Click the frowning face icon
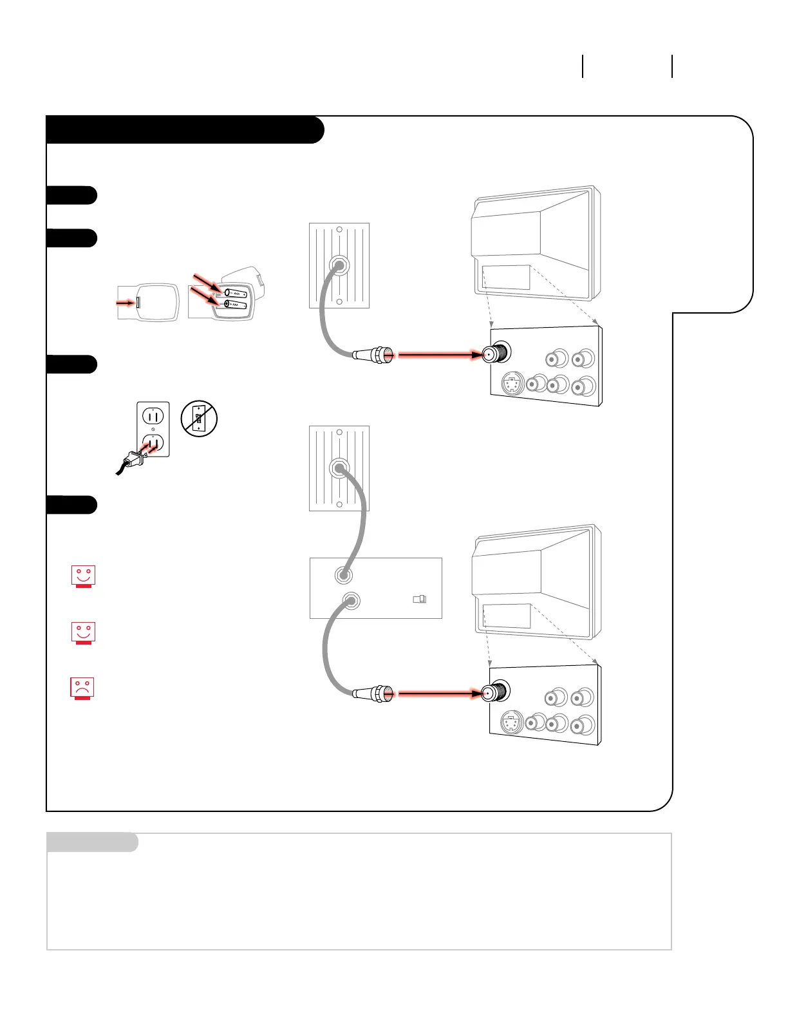coord(82,688)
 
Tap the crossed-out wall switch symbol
coord(199,419)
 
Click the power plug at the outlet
coord(135,458)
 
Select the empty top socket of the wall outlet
coord(153,416)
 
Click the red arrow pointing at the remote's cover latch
coord(126,302)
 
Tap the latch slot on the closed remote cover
coord(138,302)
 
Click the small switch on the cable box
coord(419,600)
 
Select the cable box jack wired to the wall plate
coord(343,574)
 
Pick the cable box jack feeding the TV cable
coord(351,601)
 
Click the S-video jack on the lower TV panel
coord(511,722)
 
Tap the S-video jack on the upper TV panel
coord(512,384)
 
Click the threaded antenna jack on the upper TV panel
coord(496,354)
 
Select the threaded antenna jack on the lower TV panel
coord(496,692)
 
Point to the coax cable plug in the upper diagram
coord(373,354)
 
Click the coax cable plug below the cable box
coord(373,694)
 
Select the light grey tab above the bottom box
coord(92,842)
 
